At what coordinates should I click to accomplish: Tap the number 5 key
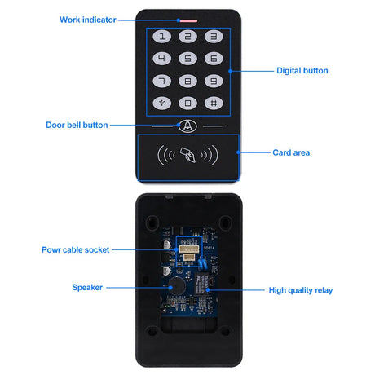tap(187, 59)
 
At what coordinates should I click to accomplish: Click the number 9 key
tap(214, 81)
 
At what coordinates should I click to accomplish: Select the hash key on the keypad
tap(214, 104)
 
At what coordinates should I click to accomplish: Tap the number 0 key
tap(187, 104)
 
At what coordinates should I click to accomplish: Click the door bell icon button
tap(187, 126)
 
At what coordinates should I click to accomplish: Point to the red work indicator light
tap(187, 20)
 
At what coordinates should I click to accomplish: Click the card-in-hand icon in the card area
tap(187, 155)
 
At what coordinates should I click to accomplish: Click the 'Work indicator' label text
tap(88, 20)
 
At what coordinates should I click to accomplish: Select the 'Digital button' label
tap(302, 71)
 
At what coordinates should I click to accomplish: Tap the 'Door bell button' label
tap(77, 125)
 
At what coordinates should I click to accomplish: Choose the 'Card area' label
tap(291, 152)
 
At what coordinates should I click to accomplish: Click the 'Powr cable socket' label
tap(76, 250)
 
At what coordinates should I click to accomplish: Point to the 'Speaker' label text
tap(87, 288)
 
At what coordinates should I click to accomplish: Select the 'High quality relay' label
tap(301, 290)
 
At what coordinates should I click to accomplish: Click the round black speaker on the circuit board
tap(177, 286)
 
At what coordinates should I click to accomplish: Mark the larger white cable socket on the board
tap(189, 249)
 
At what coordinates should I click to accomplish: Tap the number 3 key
tap(214, 37)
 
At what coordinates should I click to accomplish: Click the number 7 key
tap(162, 81)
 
